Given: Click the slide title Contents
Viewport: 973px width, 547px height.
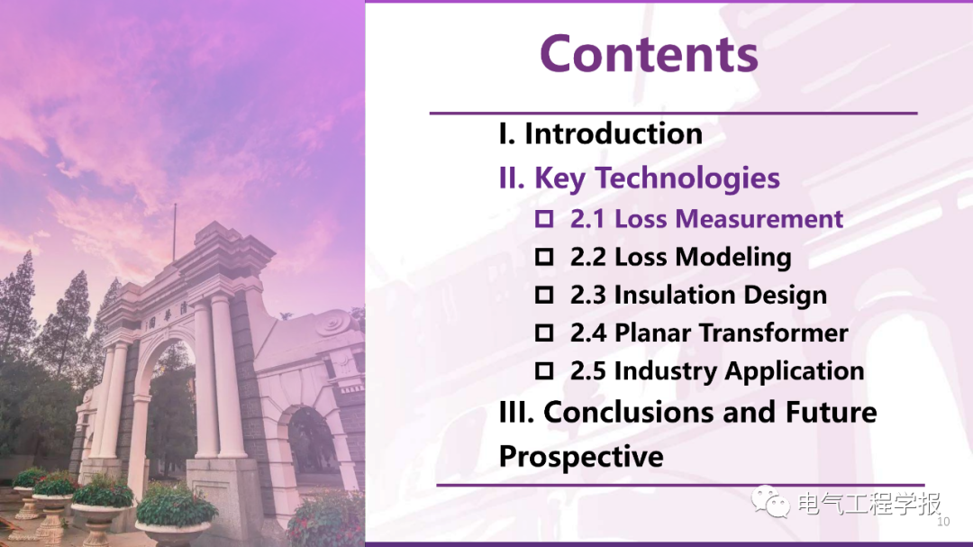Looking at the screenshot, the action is click(649, 53).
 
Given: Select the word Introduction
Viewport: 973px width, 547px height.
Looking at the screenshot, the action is click(614, 133).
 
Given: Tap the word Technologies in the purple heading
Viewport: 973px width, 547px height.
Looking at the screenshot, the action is click(687, 178).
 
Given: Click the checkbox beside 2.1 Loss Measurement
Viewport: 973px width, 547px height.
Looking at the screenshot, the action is click(544, 219).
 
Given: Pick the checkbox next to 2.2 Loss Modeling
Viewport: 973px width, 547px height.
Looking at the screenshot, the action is click(544, 257).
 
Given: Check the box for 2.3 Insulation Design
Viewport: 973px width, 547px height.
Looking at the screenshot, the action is click(544, 295).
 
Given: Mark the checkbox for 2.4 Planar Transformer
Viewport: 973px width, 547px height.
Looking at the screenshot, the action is click(544, 333).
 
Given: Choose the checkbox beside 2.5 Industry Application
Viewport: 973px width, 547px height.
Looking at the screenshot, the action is click(544, 370).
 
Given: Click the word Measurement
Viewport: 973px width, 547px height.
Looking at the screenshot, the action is click(759, 219).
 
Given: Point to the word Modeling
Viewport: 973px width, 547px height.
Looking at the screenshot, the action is click(733, 258).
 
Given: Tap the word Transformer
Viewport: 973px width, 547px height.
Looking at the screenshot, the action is click(774, 333).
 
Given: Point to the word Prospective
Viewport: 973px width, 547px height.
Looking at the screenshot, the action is click(581, 458).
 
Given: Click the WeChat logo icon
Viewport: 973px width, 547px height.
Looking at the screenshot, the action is click(770, 502).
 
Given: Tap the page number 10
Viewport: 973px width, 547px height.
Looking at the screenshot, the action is click(943, 522).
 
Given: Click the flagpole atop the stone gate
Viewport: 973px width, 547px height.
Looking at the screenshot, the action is click(175, 232).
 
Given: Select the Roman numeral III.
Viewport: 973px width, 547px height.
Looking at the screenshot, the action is click(516, 412).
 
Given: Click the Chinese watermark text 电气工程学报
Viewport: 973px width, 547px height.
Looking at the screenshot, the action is click(868, 503).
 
